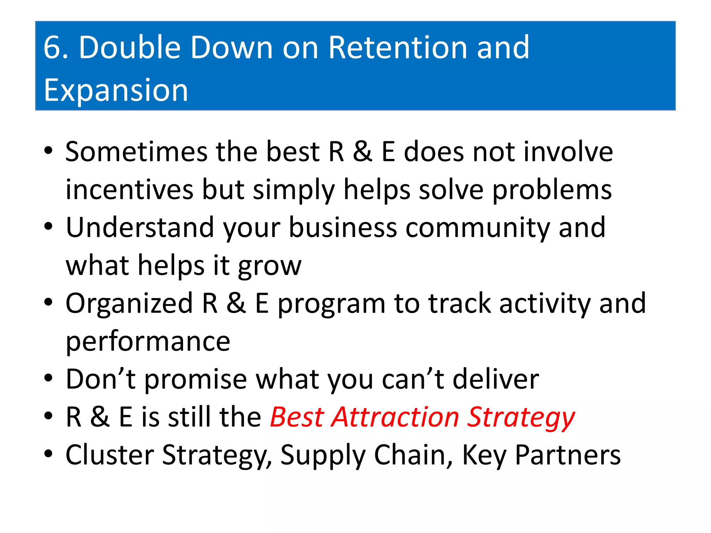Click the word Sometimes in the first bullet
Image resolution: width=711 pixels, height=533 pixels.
(x=136, y=152)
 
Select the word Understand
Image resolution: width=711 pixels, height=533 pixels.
(x=140, y=227)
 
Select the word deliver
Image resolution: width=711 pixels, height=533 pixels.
(x=496, y=379)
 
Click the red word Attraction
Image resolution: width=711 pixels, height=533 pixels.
(x=395, y=417)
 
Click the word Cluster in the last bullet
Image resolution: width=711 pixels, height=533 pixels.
(x=110, y=455)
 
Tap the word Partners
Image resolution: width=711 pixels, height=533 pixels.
(x=568, y=455)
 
